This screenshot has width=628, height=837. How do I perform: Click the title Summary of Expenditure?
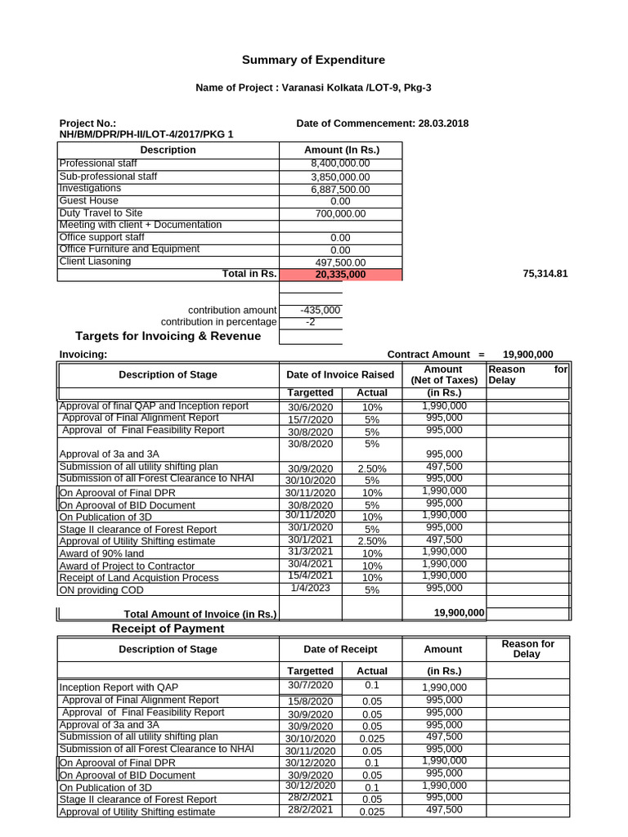click(x=313, y=60)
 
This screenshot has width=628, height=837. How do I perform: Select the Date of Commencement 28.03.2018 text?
click(x=382, y=123)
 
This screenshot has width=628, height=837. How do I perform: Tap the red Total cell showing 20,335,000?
click(x=340, y=275)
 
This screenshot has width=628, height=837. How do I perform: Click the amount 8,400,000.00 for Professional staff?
click(x=340, y=164)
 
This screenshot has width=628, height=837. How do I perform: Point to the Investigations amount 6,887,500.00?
click(x=340, y=189)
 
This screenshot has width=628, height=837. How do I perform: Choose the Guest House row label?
click(x=89, y=200)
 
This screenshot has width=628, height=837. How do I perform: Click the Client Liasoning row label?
click(x=95, y=262)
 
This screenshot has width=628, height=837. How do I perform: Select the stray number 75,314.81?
click(x=545, y=274)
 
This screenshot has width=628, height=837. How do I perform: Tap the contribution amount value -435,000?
click(x=321, y=311)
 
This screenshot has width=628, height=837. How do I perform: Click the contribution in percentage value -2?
click(x=311, y=322)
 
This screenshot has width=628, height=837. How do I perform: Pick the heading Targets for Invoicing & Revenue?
click(x=168, y=336)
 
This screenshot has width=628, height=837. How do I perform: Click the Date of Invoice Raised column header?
click(x=340, y=374)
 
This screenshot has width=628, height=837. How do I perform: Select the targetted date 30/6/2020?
click(x=311, y=407)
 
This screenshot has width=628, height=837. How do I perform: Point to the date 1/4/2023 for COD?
click(x=311, y=589)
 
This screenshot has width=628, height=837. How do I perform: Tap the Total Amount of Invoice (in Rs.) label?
click(x=200, y=614)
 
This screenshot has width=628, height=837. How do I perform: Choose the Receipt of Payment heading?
click(x=168, y=629)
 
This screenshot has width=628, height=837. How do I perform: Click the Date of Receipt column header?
click(x=340, y=649)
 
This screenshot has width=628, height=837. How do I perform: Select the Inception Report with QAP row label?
click(x=119, y=687)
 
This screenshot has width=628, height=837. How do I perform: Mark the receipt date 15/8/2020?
click(x=311, y=701)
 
